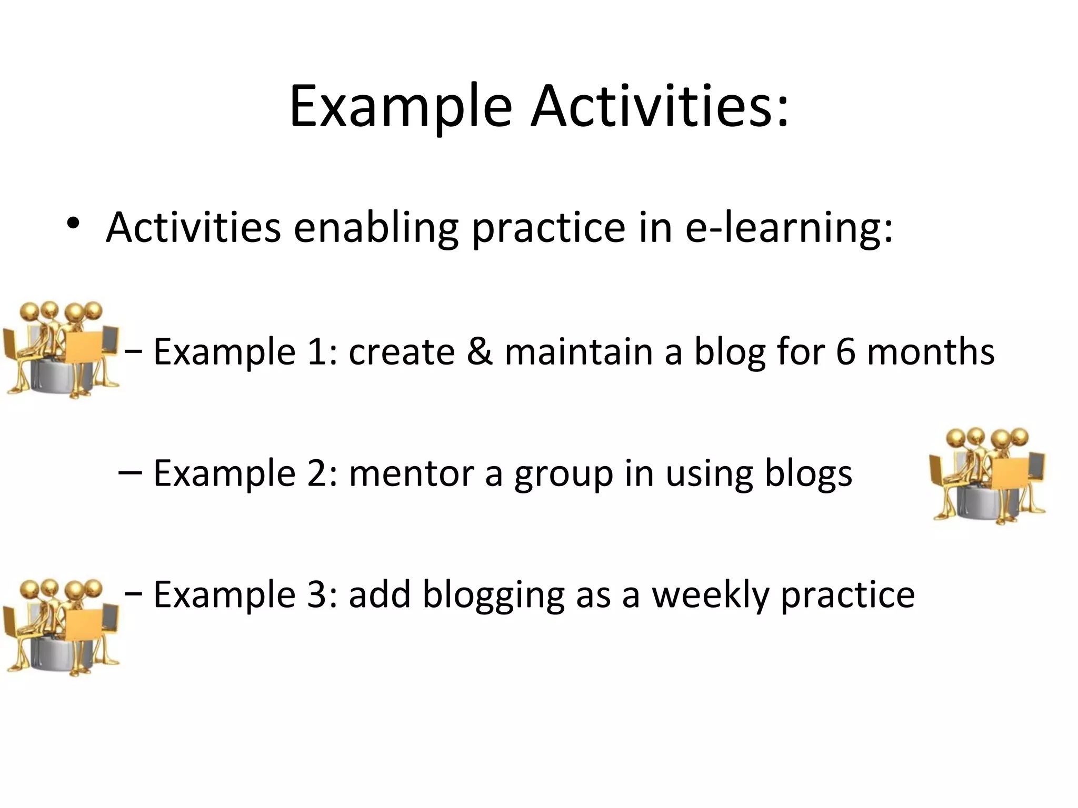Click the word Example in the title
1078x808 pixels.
click(400, 108)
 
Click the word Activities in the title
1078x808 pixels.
click(660, 107)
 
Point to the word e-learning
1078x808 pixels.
click(788, 229)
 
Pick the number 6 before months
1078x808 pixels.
click(845, 351)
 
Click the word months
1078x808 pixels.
click(931, 351)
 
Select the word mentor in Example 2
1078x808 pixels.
click(412, 473)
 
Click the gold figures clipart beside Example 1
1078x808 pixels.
click(61, 350)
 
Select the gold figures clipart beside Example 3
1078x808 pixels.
click(61, 627)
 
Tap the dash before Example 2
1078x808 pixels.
click(130, 472)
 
